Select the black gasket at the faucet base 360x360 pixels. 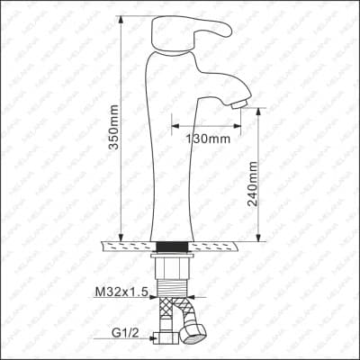(172, 245)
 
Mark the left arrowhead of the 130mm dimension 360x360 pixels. (175, 124)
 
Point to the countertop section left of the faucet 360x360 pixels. (126, 244)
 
